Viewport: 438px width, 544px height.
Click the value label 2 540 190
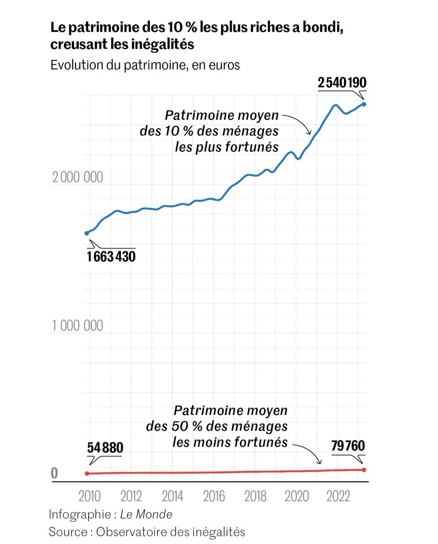tap(342, 83)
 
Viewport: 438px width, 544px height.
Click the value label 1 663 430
tap(112, 256)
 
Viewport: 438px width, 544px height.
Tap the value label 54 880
tap(105, 448)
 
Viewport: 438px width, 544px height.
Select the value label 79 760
tap(348, 447)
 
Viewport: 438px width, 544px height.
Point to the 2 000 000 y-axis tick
tap(77, 177)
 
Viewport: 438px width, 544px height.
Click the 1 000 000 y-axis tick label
tap(77, 326)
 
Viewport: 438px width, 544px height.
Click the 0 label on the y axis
tap(54, 473)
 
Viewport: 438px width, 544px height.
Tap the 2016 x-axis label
tap(214, 496)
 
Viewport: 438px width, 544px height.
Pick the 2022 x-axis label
tap(338, 496)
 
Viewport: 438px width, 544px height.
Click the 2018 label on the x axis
tap(255, 496)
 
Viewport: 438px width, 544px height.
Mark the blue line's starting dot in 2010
tap(87, 233)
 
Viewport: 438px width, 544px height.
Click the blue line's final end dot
tap(364, 104)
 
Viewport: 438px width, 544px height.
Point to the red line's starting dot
tap(87, 473)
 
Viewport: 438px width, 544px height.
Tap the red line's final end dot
tap(364, 470)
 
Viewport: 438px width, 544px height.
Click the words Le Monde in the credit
tap(146, 514)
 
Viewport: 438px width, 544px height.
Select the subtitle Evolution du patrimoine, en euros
tap(145, 65)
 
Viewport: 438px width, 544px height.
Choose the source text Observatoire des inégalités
tap(171, 532)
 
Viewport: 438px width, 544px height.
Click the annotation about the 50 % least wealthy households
tap(230, 426)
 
